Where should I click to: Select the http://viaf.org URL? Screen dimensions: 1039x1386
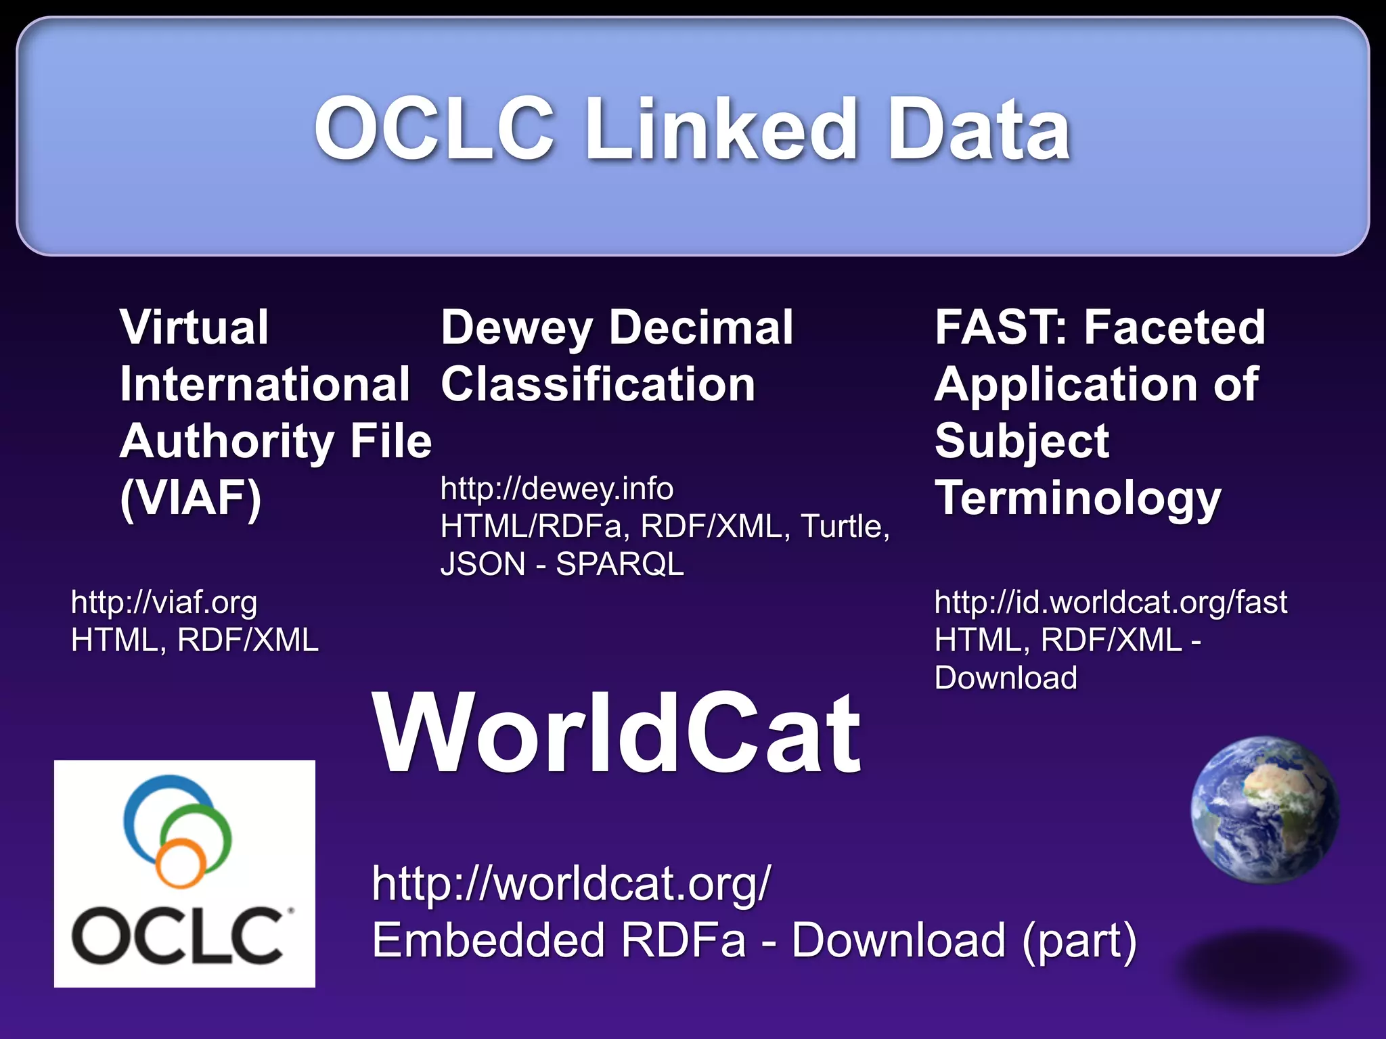[x=164, y=602]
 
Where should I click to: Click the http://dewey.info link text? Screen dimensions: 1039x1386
[x=557, y=488]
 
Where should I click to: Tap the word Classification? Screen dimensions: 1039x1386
[x=598, y=384]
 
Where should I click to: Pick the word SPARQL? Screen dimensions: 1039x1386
[x=620, y=564]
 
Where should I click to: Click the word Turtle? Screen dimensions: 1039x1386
[x=843, y=526]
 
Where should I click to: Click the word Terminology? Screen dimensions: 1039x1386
[x=1078, y=498]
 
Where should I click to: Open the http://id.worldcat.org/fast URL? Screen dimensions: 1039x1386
[x=1111, y=602]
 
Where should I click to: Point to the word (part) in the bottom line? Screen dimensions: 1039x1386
[x=1079, y=940]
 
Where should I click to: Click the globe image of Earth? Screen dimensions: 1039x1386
[x=1265, y=810]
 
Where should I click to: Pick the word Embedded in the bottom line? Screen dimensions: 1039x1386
[x=488, y=940]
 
